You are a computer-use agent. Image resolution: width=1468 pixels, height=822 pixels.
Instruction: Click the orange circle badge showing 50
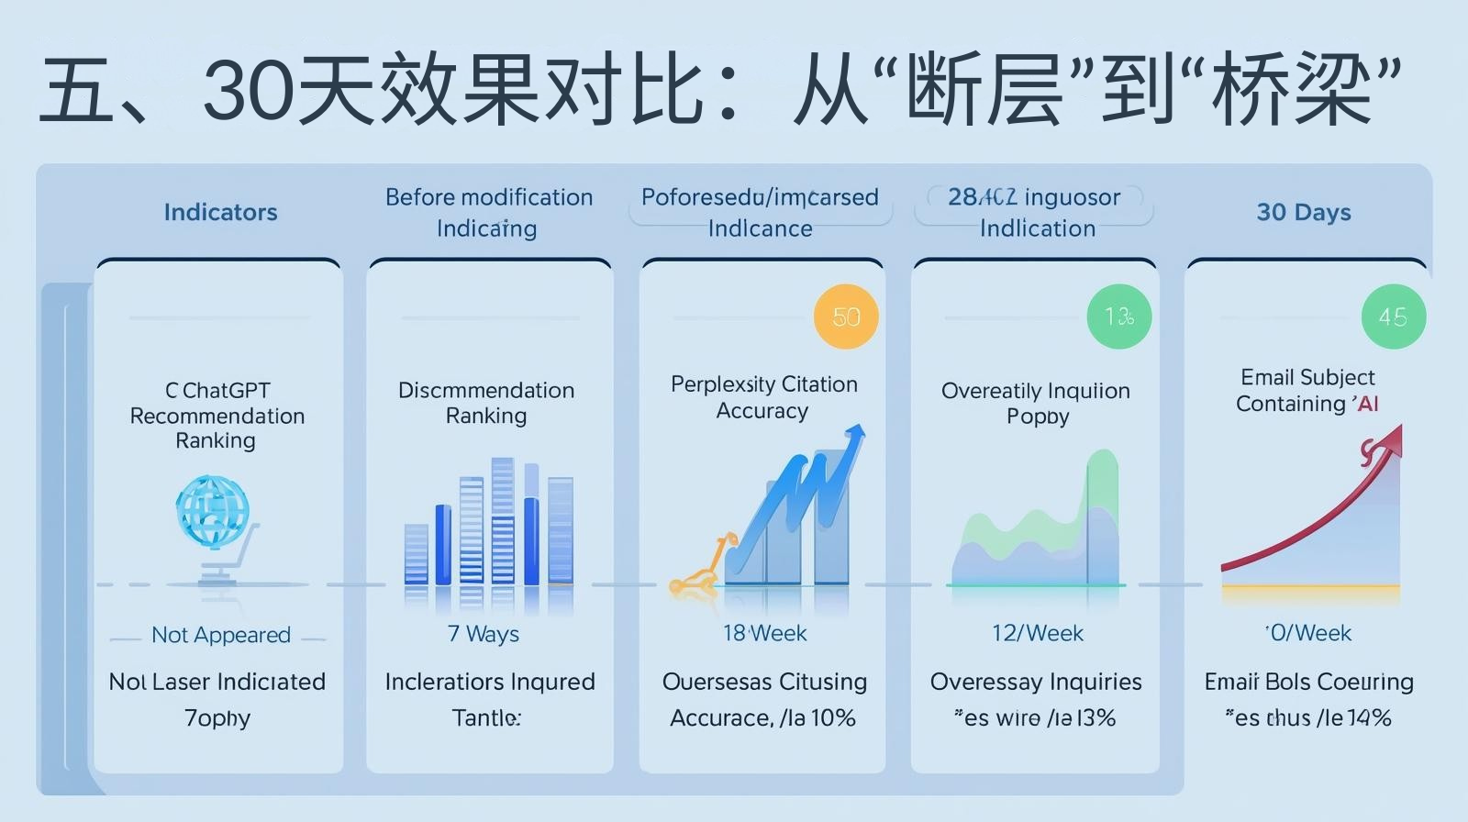(846, 317)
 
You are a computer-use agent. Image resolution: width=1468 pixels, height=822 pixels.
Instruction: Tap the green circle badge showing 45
(1393, 317)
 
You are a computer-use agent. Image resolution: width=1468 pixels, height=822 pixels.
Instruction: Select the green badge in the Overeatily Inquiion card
(1118, 317)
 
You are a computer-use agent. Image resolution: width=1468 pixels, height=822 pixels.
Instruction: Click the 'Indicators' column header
(220, 212)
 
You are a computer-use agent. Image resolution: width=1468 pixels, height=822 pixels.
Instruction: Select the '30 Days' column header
(1304, 212)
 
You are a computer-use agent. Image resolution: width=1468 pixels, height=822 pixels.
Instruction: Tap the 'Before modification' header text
(489, 197)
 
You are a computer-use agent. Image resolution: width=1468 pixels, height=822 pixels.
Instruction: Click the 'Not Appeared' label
(221, 635)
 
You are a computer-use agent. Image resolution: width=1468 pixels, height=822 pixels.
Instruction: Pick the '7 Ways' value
(484, 634)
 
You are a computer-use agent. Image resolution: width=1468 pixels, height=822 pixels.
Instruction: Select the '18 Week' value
(764, 633)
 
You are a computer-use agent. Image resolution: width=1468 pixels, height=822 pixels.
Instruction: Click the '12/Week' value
(1037, 633)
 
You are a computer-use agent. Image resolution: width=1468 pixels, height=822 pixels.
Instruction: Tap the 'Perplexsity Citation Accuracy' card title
(763, 397)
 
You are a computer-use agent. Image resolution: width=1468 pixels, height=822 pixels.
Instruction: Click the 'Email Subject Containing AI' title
(1307, 391)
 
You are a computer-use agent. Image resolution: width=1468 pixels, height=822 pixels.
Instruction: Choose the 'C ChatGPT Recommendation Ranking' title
(217, 416)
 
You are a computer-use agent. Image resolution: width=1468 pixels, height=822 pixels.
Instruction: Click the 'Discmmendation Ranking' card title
(486, 403)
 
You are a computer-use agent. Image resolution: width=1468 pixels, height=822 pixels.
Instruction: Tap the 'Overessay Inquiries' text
(1036, 682)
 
